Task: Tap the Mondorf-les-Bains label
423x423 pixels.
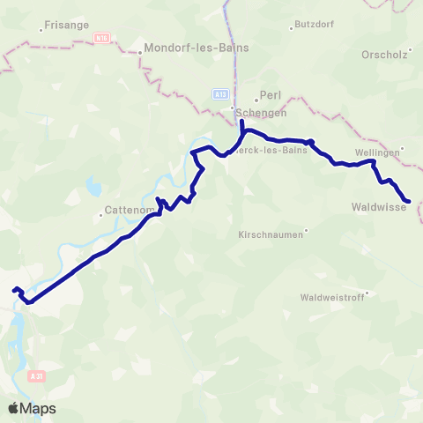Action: (x=197, y=48)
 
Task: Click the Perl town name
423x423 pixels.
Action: (x=270, y=93)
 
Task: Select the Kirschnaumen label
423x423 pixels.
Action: (x=271, y=235)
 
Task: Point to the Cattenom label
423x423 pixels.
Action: (x=130, y=210)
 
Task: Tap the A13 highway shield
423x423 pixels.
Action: (x=220, y=93)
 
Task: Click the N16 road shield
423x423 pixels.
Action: (x=102, y=38)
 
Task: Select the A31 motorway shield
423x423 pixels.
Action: (x=35, y=376)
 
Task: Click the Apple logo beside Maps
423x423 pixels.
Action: (x=14, y=408)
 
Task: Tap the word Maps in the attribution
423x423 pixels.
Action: (x=39, y=408)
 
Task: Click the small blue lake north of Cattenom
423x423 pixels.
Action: (x=93, y=187)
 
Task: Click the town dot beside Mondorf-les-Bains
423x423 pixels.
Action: (x=139, y=52)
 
